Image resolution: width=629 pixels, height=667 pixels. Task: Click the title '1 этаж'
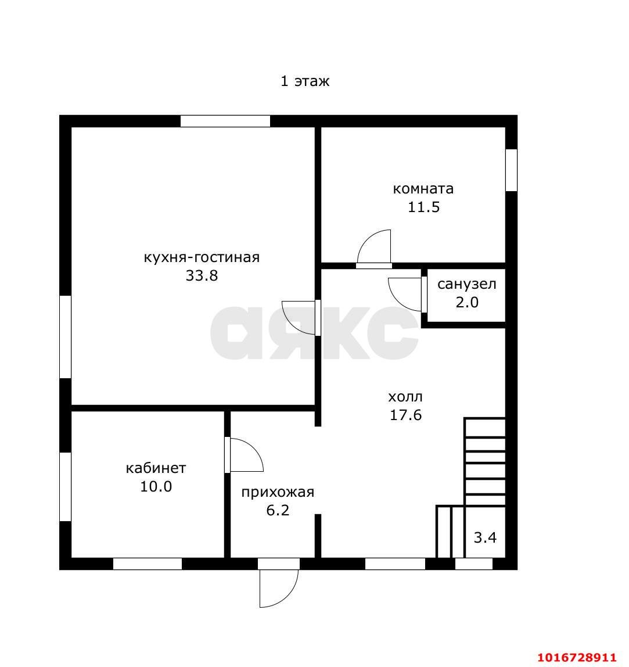click(304, 81)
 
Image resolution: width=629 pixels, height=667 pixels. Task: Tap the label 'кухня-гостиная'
click(202, 257)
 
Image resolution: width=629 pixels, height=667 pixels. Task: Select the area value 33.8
click(202, 275)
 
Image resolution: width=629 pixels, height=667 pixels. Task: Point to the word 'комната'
click(423, 188)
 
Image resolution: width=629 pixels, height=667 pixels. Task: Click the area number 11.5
click(423, 207)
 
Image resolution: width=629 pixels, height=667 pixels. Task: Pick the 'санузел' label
click(467, 284)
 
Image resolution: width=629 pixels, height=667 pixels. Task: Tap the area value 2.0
click(467, 303)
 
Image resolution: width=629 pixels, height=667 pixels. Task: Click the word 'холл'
click(405, 397)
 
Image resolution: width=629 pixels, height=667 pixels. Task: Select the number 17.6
click(406, 415)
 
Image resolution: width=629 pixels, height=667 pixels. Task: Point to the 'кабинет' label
click(156, 468)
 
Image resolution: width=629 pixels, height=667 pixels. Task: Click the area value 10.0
click(156, 486)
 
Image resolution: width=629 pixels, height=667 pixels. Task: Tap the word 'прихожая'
click(278, 492)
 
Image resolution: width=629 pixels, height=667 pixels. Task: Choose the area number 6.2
click(278, 510)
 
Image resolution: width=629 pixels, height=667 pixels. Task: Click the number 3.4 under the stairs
click(485, 537)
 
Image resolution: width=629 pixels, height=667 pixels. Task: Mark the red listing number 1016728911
click(577, 658)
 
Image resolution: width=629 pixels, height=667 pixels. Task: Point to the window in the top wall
click(225, 121)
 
